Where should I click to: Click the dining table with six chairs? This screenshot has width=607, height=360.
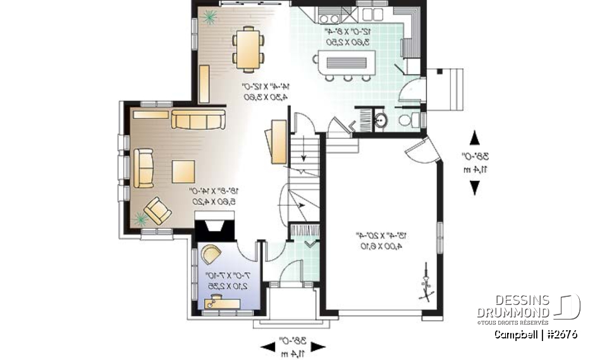point(247,47)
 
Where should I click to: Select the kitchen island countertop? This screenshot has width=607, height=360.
point(348,62)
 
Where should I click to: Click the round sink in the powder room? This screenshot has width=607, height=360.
point(381,120)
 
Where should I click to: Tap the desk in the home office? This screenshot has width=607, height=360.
point(223,304)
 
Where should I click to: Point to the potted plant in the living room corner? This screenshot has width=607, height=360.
point(140,219)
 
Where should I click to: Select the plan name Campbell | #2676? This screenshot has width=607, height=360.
point(536,334)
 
